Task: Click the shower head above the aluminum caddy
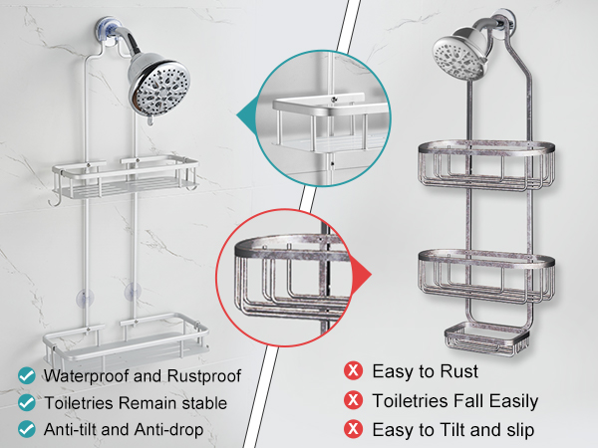tap(159, 85)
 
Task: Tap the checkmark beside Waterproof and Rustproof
tap(27, 376)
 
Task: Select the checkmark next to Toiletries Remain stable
tap(27, 402)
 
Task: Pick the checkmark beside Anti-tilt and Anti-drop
tap(27, 429)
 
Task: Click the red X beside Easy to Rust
tap(353, 370)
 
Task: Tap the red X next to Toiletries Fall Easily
tap(353, 400)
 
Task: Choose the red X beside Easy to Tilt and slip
tap(353, 429)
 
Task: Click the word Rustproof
tap(203, 376)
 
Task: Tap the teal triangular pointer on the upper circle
tap(247, 114)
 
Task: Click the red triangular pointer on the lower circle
tap(361, 274)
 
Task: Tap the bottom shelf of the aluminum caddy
tap(126, 337)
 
